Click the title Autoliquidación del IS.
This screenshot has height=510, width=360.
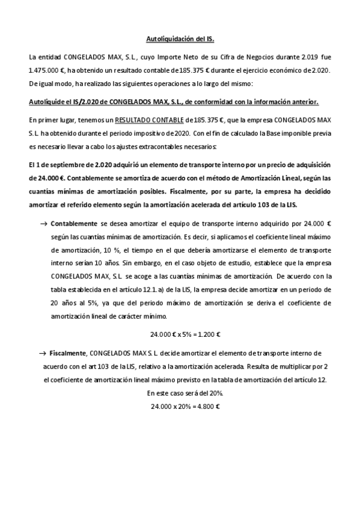click(x=180, y=40)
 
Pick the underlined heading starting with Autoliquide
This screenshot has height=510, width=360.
click(x=174, y=102)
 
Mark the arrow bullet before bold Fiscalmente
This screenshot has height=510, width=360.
click(x=43, y=353)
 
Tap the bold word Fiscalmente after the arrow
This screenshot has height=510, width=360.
click(x=70, y=353)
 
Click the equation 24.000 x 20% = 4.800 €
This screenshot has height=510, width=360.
click(x=185, y=407)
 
